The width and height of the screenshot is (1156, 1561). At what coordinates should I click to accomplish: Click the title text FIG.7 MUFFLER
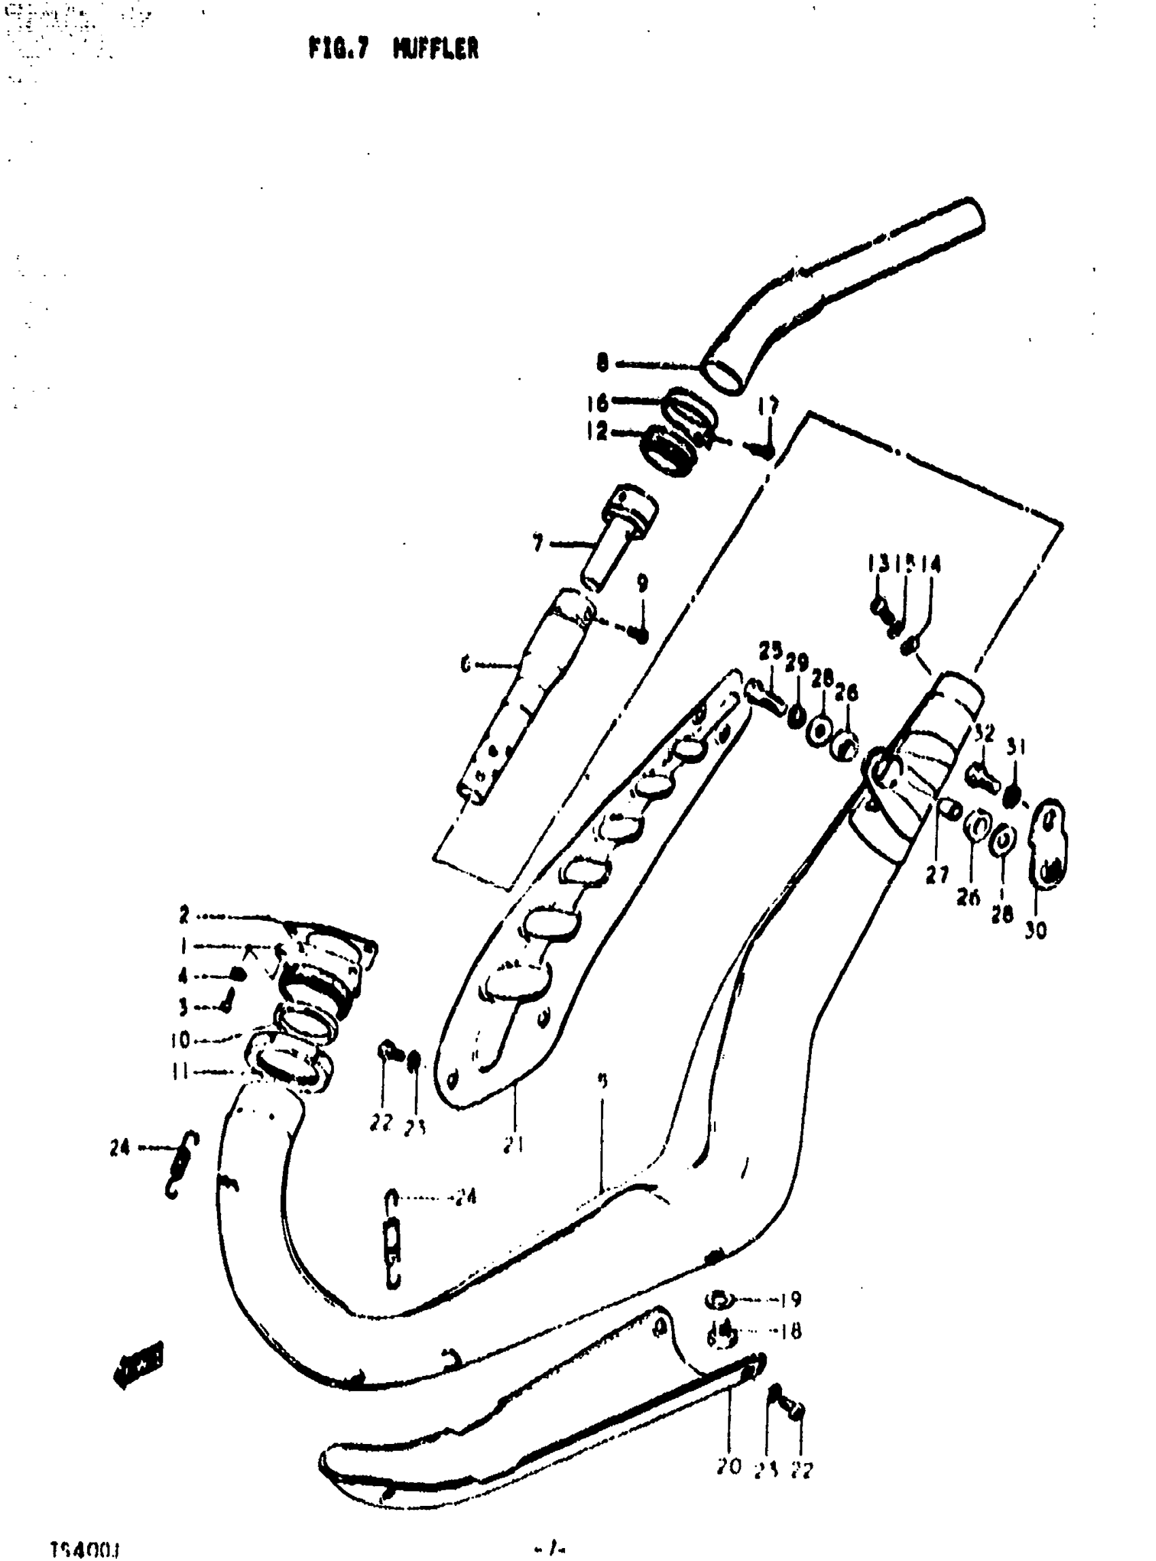click(x=393, y=48)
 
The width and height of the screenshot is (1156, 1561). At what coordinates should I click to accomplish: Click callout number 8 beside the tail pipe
click(x=602, y=363)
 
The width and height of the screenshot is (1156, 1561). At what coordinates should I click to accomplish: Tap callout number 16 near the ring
click(x=597, y=403)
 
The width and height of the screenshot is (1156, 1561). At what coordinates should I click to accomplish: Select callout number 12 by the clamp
click(x=596, y=431)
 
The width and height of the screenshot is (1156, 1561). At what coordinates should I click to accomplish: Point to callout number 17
click(x=768, y=406)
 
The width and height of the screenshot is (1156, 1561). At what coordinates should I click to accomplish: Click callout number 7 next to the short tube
click(x=537, y=543)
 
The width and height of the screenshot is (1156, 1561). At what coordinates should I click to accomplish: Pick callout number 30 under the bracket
click(x=1036, y=930)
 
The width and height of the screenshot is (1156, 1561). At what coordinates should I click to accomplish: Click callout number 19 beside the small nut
click(x=791, y=1299)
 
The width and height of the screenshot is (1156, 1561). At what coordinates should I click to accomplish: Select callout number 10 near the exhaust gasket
click(x=180, y=1041)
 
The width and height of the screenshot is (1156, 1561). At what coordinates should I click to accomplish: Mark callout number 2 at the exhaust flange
click(x=184, y=914)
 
